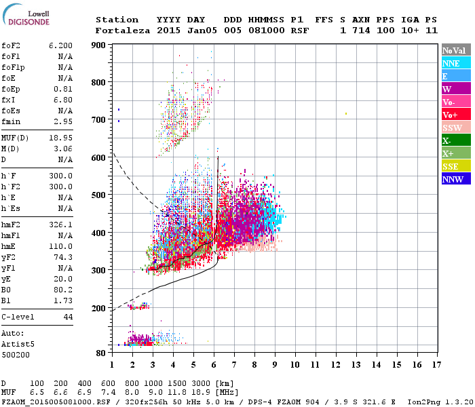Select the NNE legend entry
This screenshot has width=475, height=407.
456,63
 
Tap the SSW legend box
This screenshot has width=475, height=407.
456,128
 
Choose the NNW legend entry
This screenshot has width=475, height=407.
456,179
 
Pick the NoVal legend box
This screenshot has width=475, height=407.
456,50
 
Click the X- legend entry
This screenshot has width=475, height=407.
456,140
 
